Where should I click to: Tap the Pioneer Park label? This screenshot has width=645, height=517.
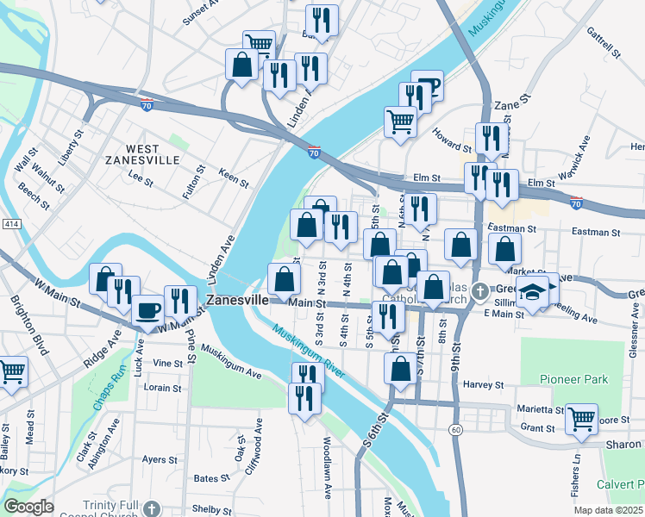(573, 379)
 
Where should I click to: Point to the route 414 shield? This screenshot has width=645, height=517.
(11, 224)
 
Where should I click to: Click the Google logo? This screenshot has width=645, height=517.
(28, 507)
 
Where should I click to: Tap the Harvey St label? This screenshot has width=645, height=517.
(483, 385)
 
